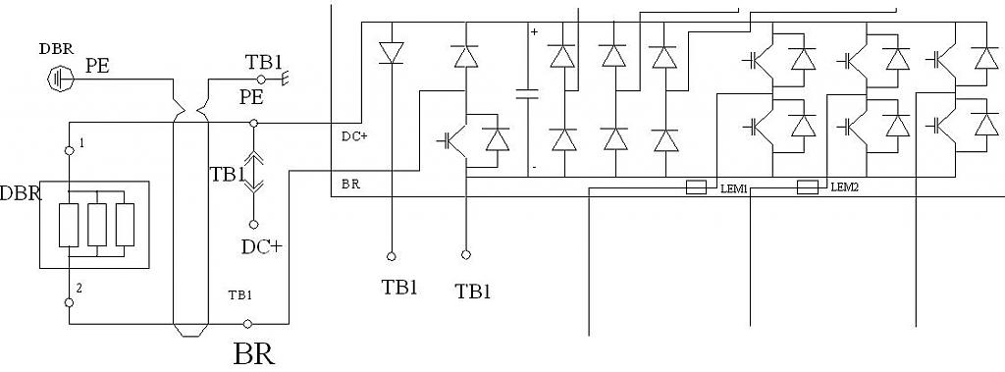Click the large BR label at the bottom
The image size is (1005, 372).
(254, 354)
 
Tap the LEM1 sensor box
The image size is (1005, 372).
(696, 187)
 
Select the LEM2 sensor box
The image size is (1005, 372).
(808, 187)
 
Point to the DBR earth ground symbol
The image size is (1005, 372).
(61, 79)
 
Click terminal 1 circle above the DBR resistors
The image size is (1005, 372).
(70, 150)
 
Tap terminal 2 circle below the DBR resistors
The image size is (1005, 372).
(70, 302)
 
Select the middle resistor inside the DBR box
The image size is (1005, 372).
(97, 225)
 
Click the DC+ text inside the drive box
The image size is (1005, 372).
(354, 136)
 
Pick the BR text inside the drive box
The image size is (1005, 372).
(350, 185)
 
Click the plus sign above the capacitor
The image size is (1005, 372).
(535, 30)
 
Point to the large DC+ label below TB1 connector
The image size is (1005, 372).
(261, 247)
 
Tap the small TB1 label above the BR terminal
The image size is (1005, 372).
(240, 295)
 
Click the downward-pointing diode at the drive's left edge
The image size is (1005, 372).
(391, 53)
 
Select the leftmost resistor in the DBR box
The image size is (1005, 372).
(69, 225)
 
